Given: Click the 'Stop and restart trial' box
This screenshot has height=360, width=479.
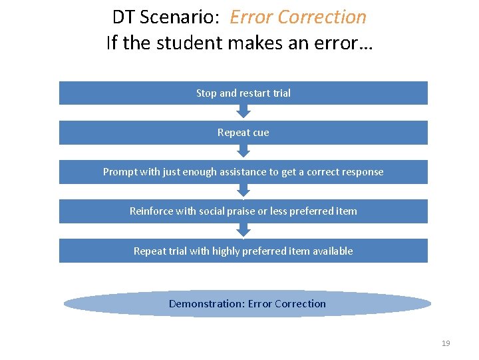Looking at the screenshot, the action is click(243, 93).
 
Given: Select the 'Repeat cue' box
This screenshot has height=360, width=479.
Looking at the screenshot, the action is click(243, 133).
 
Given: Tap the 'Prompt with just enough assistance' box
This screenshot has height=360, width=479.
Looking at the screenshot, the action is click(243, 172).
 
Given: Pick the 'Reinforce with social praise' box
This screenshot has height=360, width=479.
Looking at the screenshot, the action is click(243, 211).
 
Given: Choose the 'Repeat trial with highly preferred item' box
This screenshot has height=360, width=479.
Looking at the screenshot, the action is click(243, 251).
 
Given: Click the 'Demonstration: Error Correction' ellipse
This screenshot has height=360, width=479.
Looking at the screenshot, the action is click(247, 304).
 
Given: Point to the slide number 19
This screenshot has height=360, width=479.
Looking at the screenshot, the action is click(446, 343).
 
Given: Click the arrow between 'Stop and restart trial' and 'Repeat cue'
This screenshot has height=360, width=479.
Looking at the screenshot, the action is click(243, 113).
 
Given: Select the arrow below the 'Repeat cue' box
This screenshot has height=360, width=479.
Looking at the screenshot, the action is click(243, 152).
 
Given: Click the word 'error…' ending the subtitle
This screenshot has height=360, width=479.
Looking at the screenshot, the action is click(348, 43).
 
